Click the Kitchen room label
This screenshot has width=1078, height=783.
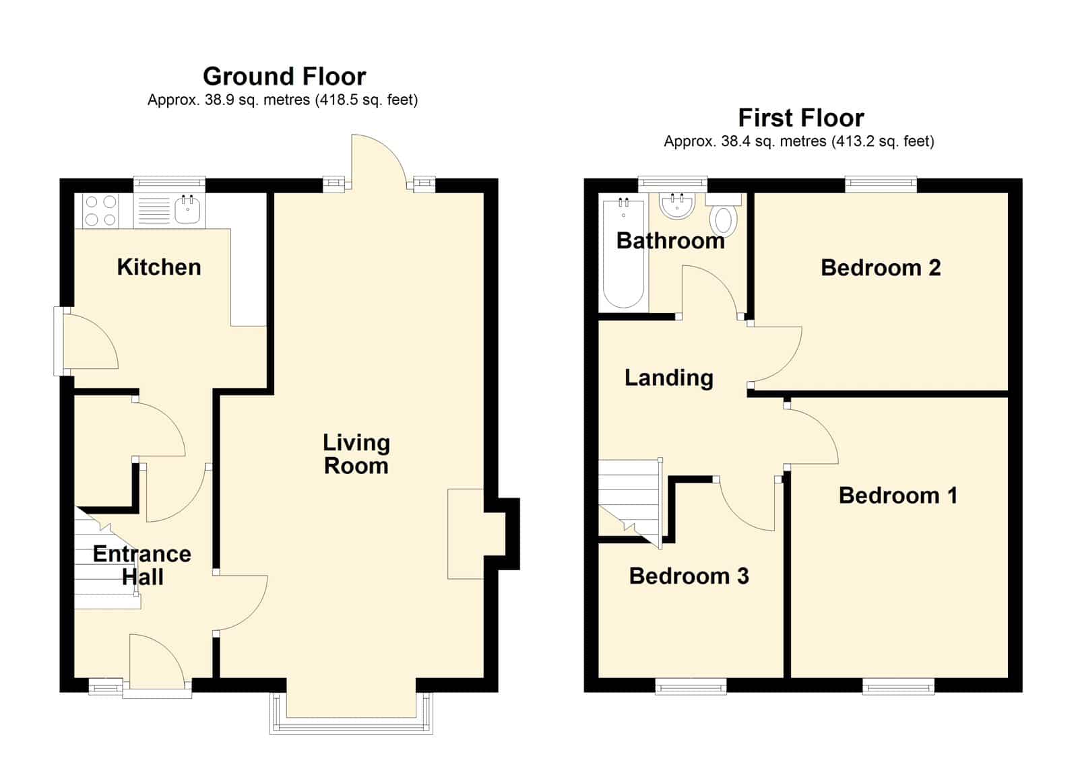tap(159, 267)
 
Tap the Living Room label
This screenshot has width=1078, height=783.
tap(356, 454)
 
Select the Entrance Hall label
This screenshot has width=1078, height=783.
tap(142, 566)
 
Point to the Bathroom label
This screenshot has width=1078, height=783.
tap(670, 241)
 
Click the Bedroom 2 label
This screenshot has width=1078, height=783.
tap(881, 268)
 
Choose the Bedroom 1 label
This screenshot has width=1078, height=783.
tap(898, 496)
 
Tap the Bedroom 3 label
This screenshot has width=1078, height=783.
tap(689, 576)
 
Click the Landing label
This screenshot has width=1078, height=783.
tap(669, 378)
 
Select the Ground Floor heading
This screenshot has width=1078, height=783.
tap(284, 77)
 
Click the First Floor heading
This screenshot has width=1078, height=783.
tap(801, 118)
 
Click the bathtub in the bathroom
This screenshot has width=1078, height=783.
tap(624, 253)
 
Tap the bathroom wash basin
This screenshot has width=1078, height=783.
tap(676, 206)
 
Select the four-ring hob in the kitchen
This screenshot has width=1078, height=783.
tap(100, 211)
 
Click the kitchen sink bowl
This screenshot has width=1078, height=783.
tap(187, 210)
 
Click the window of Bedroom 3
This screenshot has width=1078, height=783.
tap(691, 686)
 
